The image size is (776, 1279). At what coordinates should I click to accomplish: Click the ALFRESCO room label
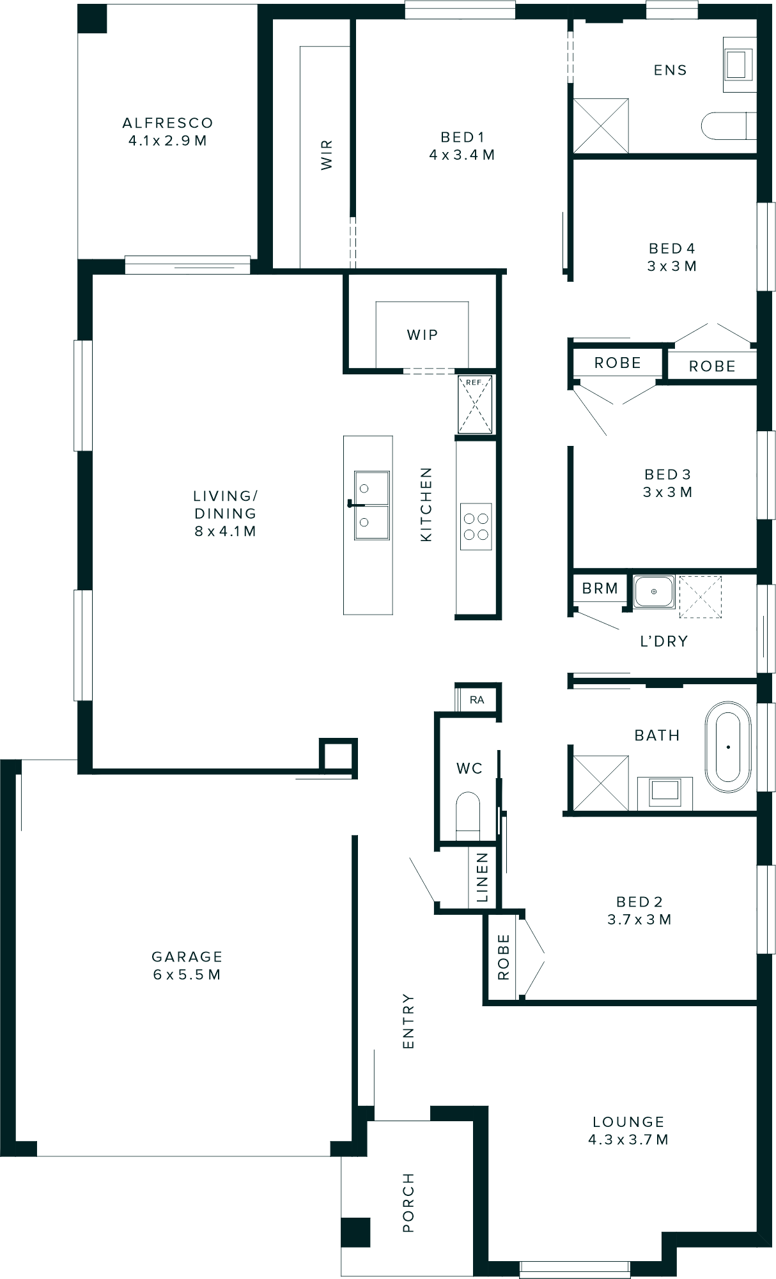click(x=167, y=123)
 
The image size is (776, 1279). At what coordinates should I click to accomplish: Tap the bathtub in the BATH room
click(x=727, y=747)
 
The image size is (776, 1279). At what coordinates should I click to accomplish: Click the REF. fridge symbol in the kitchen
click(x=475, y=404)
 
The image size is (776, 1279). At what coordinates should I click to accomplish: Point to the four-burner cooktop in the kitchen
click(x=476, y=526)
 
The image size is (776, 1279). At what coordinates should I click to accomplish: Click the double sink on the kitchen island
click(x=371, y=505)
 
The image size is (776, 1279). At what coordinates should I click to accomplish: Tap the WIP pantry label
click(x=422, y=335)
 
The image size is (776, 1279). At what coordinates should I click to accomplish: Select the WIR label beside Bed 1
click(x=327, y=155)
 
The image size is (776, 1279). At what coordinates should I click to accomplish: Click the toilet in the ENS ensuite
click(x=727, y=126)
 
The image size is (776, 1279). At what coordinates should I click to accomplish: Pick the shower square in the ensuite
click(x=601, y=126)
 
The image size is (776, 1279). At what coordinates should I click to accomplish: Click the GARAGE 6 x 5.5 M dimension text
click(x=187, y=974)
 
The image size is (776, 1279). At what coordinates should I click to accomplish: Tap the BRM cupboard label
click(x=600, y=588)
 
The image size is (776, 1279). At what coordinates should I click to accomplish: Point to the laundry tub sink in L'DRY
click(x=653, y=592)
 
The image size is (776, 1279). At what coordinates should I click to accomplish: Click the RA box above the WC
click(x=477, y=700)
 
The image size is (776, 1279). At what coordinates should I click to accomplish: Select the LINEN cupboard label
click(x=483, y=877)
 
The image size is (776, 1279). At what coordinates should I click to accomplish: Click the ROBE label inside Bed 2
click(x=504, y=957)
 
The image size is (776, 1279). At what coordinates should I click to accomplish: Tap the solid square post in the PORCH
click(x=355, y=1233)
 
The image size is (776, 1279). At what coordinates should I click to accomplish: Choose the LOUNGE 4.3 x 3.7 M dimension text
click(x=628, y=1139)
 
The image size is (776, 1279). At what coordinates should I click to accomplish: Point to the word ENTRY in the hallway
click(x=408, y=1021)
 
